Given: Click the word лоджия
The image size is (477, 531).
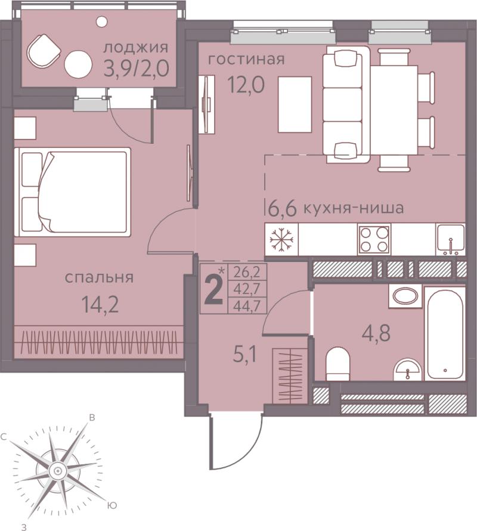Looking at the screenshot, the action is click(x=135, y=48).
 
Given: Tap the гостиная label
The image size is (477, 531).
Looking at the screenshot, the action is click(x=246, y=59).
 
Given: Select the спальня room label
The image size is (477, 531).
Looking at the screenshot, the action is click(x=99, y=277).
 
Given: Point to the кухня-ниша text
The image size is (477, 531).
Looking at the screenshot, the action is click(x=353, y=208).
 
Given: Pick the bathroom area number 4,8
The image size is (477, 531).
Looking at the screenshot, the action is click(x=376, y=334).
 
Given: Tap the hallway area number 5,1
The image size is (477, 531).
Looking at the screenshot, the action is click(x=246, y=356).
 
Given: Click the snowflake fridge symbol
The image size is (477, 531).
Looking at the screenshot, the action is click(x=281, y=240).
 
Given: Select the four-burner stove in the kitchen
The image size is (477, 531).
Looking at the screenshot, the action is click(x=374, y=240).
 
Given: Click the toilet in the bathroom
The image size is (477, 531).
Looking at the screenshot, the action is click(x=337, y=365).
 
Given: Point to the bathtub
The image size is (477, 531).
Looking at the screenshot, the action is click(x=445, y=334).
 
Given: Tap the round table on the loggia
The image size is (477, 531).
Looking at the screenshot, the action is click(x=78, y=64).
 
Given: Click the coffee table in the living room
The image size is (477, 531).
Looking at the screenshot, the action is click(x=295, y=104).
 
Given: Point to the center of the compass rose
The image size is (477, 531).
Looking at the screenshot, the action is click(x=57, y=471).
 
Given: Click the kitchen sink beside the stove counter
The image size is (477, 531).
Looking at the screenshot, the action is click(x=451, y=239).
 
